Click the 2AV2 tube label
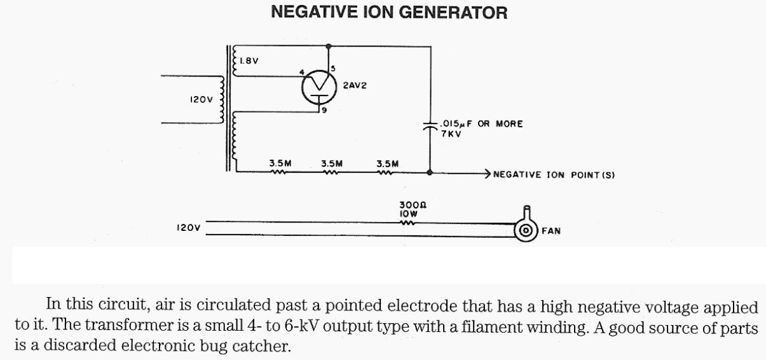click(355, 85)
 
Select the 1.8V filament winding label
click(248, 61)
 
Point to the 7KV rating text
click(444, 134)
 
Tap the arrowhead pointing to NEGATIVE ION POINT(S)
click(487, 172)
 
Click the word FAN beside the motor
click(551, 230)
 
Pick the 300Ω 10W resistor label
click(408, 209)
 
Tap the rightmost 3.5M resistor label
click(387, 163)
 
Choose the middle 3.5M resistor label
click(332, 163)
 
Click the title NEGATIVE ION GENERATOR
click(389, 12)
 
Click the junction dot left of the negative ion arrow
click(430, 172)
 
